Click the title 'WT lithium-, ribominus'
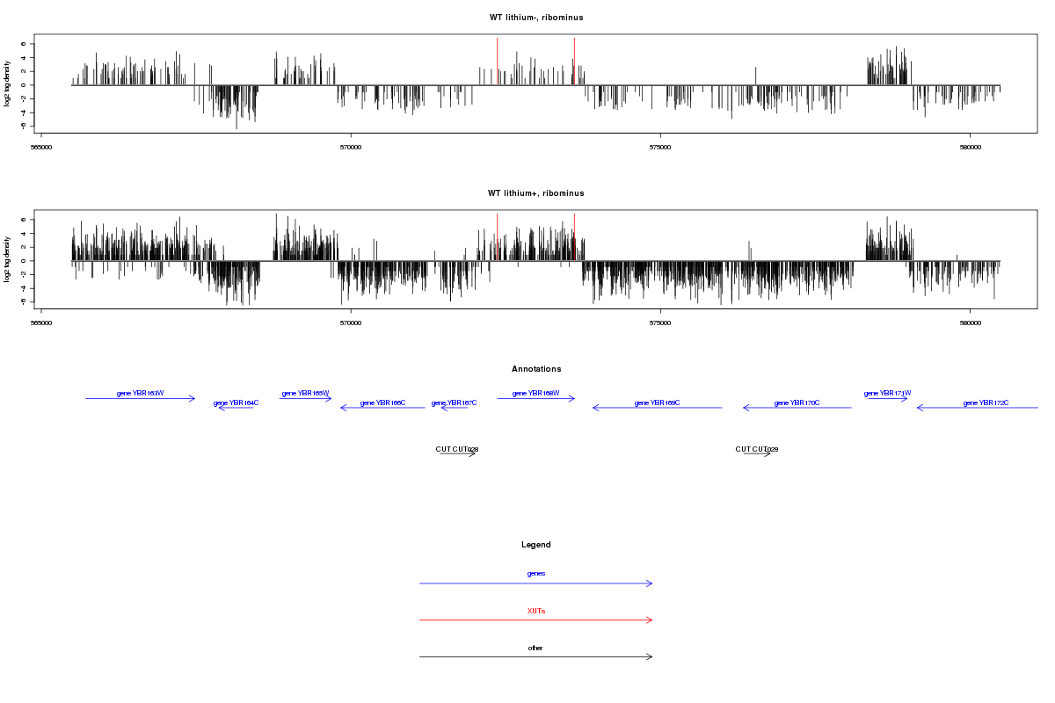(x=536, y=18)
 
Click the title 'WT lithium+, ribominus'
(x=536, y=193)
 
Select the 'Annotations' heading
(x=536, y=369)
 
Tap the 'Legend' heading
(x=536, y=545)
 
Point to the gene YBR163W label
(x=141, y=393)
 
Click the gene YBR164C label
(x=236, y=402)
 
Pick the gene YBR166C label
(x=382, y=402)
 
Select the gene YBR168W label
(x=535, y=393)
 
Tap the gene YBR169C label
(x=657, y=402)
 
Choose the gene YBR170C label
(x=797, y=402)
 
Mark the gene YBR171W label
(x=887, y=393)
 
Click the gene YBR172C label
(x=986, y=402)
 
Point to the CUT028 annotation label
(x=457, y=449)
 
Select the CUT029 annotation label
(x=757, y=449)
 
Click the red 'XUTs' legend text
(x=536, y=611)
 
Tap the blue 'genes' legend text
(x=536, y=574)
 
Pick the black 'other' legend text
(x=536, y=648)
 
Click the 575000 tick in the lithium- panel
(x=660, y=147)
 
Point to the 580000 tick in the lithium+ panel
(x=970, y=323)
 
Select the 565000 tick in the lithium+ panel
(x=41, y=323)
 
